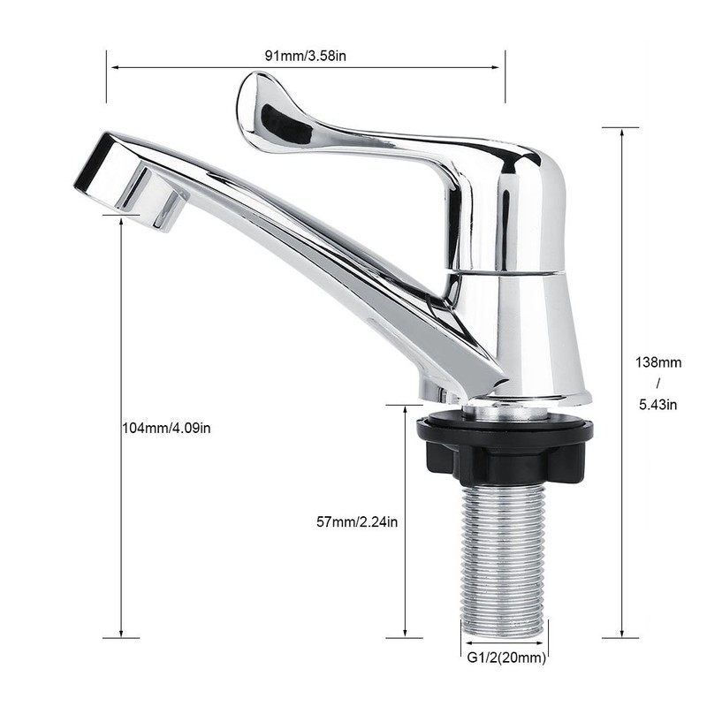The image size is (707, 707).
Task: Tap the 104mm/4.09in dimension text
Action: pyautogui.click(x=165, y=428)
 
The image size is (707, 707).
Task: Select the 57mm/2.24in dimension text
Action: pyautogui.click(x=356, y=522)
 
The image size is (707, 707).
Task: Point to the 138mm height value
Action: pyautogui.click(x=658, y=361)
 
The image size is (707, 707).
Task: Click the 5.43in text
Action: pyautogui.click(x=658, y=405)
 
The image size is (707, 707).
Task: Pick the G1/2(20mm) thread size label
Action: pyautogui.click(x=506, y=657)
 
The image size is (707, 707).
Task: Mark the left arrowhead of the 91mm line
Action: pyautogui.click(x=111, y=65)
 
